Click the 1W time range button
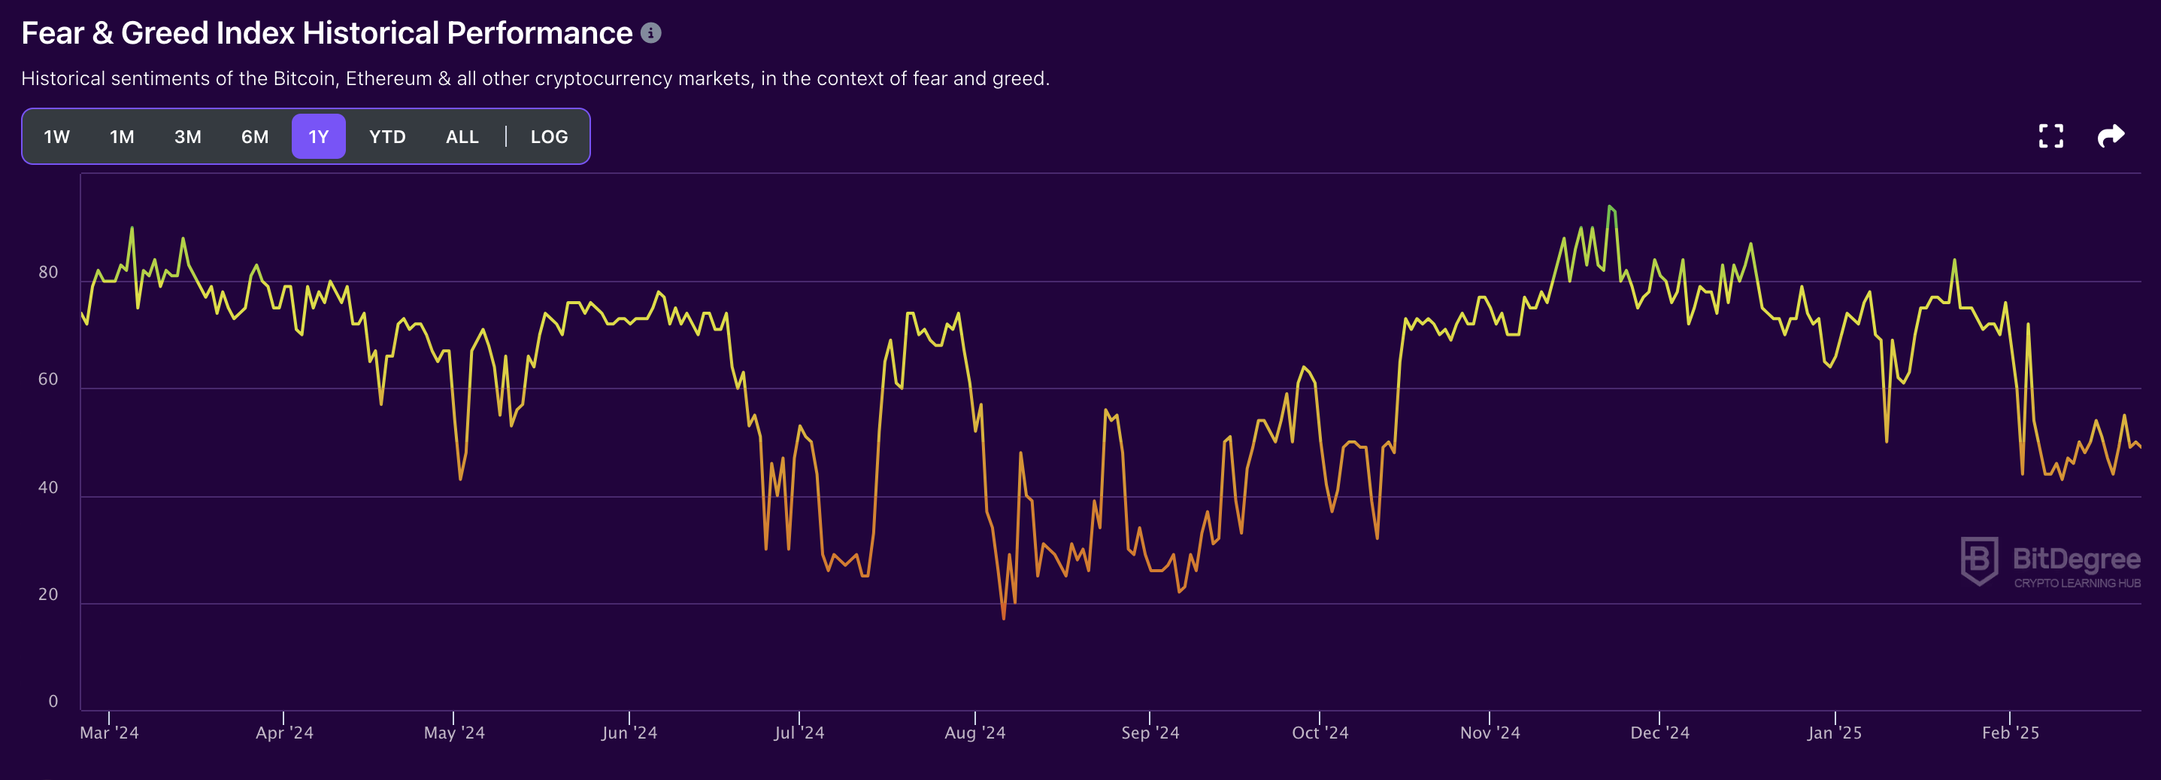coord(57,137)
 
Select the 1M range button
coord(122,137)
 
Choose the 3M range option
coord(188,137)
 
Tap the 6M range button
coord(255,137)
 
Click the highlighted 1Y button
coord(319,137)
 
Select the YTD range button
coord(387,137)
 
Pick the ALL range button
coord(462,137)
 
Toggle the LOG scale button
coord(550,137)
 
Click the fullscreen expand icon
coord(2051,136)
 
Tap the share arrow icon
coord(2111,136)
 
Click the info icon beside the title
coord(651,32)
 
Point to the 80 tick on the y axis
coord(48,272)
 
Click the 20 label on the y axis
coord(48,595)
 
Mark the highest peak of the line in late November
coord(1610,206)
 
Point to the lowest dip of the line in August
coord(1003,619)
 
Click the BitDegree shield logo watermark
coord(1979,561)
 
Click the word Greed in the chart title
coord(165,32)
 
